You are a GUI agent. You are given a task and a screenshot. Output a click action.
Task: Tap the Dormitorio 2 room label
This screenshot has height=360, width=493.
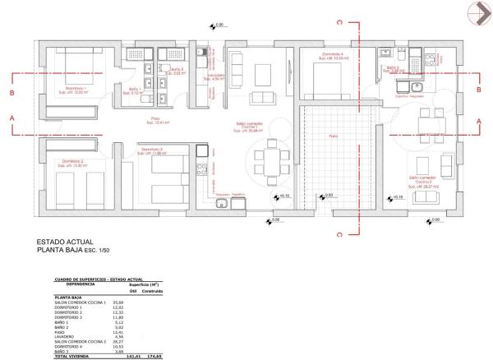click(72, 161)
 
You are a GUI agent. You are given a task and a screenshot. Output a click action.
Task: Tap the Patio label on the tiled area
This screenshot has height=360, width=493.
click(332, 136)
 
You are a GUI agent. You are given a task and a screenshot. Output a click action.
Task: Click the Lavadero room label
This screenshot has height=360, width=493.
click(215, 76)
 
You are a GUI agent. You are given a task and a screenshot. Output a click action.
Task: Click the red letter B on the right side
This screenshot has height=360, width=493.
click(479, 92)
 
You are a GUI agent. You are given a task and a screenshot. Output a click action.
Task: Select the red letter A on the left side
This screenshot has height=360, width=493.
click(12, 118)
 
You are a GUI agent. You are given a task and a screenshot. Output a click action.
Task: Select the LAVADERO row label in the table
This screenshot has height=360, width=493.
click(67, 336)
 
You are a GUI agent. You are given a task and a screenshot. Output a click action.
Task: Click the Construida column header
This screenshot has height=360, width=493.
click(152, 291)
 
